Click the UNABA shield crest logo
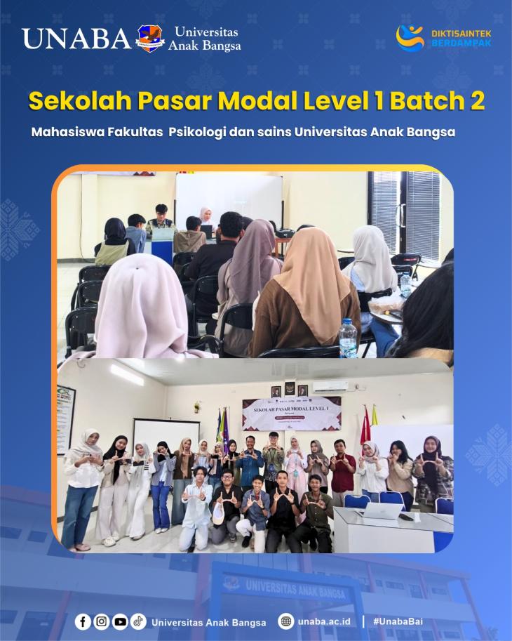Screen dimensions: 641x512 coord(150,39)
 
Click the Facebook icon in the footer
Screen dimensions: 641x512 coord(83,621)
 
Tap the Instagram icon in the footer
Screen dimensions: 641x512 coord(102,621)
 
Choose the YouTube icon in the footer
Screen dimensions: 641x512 coord(120,621)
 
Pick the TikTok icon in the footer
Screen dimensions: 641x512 coord(138,621)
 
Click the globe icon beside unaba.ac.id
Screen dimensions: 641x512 coord(285,621)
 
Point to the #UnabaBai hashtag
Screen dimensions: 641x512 coord(398,622)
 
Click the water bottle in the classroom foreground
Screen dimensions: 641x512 coord(348,338)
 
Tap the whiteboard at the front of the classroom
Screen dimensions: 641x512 coord(228,198)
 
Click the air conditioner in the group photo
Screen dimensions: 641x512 coord(330,386)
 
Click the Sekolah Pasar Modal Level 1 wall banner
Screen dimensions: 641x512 coord(291,413)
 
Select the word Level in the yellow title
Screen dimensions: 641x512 coord(314,101)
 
